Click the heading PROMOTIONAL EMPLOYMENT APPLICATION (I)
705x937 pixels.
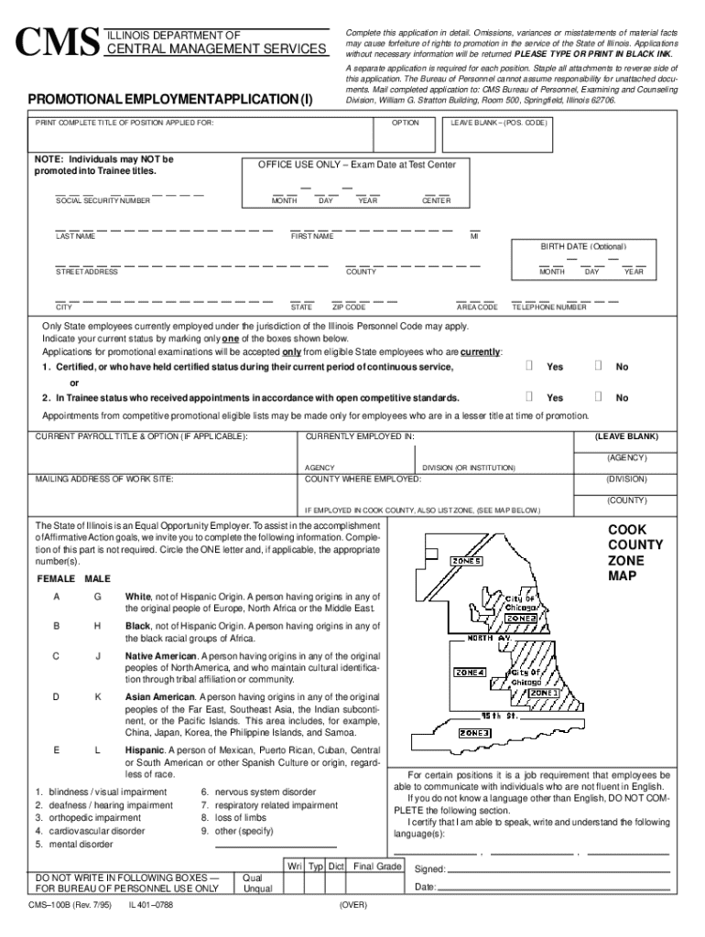(168, 99)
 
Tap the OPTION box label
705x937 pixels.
(406, 122)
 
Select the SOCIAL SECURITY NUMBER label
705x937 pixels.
(103, 200)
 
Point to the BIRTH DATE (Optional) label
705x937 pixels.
(583, 247)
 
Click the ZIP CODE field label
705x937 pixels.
(349, 307)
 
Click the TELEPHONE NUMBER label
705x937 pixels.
(549, 307)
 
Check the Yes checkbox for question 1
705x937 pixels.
(529, 367)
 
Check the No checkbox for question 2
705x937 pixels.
(598, 398)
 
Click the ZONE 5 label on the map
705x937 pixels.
(465, 561)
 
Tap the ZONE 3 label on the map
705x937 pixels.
(474, 733)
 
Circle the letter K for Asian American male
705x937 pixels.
(97, 697)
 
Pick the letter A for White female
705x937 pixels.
(57, 598)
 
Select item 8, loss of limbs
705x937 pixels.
(233, 818)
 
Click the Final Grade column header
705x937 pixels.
(377, 866)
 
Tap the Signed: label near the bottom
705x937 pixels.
(429, 869)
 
